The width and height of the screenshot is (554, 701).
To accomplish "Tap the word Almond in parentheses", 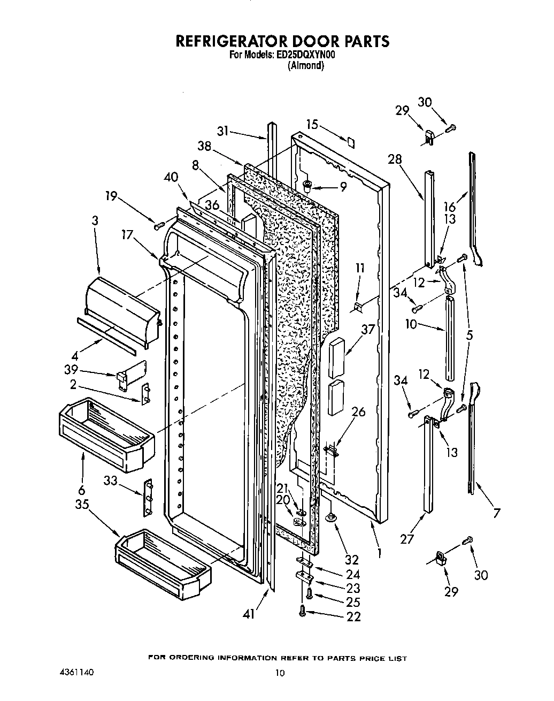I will pyautogui.click(x=306, y=66).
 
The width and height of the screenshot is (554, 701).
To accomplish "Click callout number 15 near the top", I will pyautogui.click(x=312, y=125).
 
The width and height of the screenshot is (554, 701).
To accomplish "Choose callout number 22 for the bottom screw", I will pyautogui.click(x=353, y=616).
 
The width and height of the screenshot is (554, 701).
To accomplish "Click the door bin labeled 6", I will pyautogui.click(x=105, y=425).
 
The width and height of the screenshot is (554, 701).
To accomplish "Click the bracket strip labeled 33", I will pyautogui.click(x=148, y=498).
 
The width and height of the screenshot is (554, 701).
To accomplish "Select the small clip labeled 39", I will pyautogui.click(x=124, y=378).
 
